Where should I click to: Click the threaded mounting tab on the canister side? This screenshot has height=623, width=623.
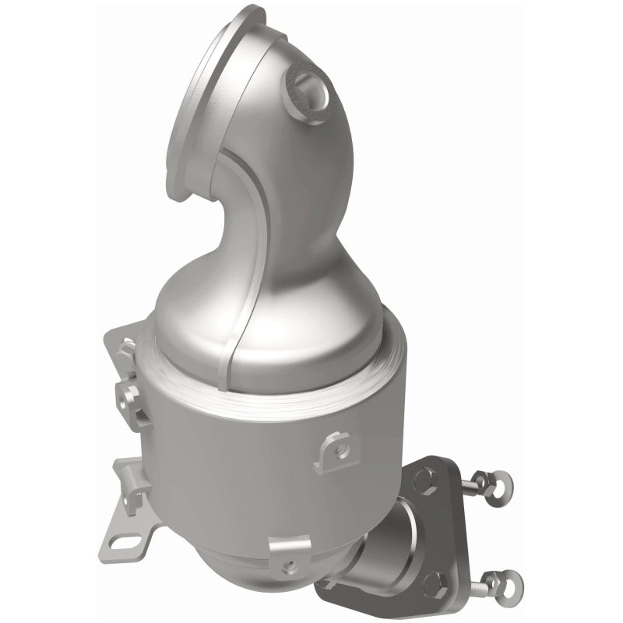point(336,447)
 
